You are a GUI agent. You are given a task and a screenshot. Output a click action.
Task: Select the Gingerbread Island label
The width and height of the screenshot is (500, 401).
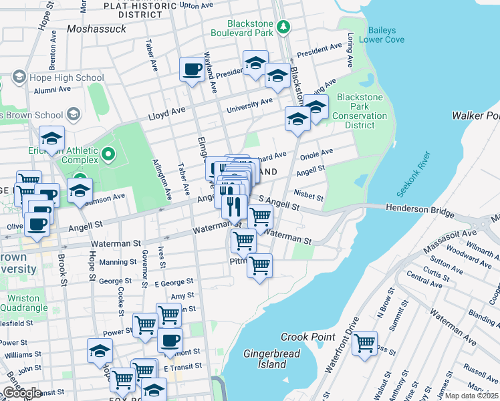265,358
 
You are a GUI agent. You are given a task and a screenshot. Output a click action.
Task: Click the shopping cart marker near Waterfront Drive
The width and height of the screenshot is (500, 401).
364,344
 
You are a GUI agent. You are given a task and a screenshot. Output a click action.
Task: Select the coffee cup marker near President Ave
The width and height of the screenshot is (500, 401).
193,68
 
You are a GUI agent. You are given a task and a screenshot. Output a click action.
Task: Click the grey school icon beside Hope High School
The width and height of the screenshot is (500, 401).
18,78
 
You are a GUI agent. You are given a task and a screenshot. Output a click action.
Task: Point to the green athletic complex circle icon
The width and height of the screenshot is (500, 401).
109,156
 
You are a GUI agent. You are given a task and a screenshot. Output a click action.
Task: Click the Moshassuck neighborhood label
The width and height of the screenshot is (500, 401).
96,29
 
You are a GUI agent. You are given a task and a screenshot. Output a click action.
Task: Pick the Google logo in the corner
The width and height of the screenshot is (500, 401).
22,392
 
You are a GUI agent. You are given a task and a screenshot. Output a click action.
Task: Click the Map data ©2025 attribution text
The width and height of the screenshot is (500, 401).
471,396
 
